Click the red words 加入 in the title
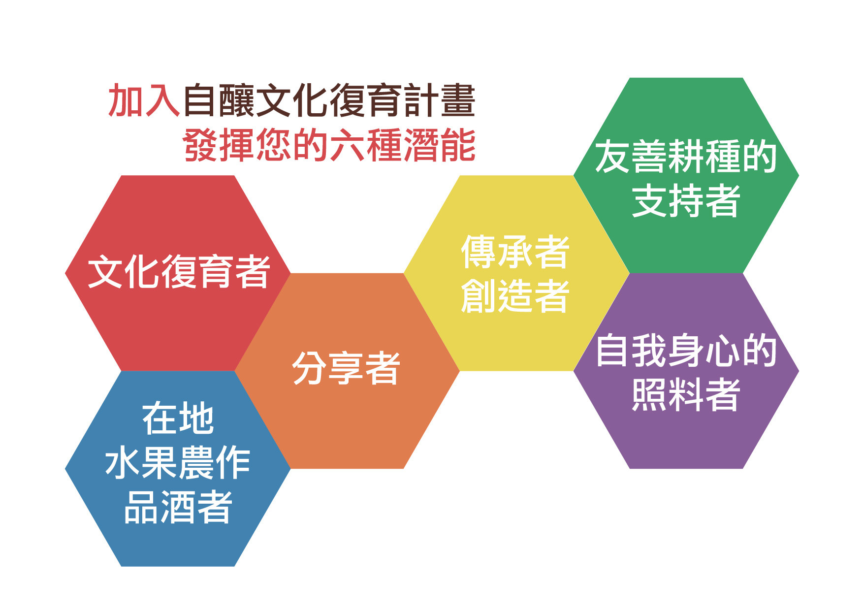pyautogui.click(x=144, y=100)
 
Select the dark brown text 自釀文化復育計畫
pyautogui.click(x=329, y=100)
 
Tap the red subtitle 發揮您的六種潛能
pyautogui.click(x=329, y=145)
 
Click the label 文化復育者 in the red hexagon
pyautogui.click(x=179, y=271)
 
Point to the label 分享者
pyautogui.click(x=346, y=368)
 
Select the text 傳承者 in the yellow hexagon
pyautogui.click(x=515, y=252)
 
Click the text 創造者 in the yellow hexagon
pyautogui.click(x=515, y=295)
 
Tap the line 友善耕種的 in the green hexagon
pyautogui.click(x=686, y=157)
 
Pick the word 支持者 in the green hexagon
pyautogui.click(x=686, y=200)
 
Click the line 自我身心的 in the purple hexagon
pyautogui.click(x=686, y=350)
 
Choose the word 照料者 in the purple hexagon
pyautogui.click(x=686, y=394)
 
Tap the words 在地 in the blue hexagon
pyautogui.click(x=178, y=418)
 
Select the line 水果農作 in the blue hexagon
pyautogui.click(x=178, y=463)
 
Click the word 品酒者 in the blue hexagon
pyautogui.click(x=178, y=507)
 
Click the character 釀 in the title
pyautogui.click(x=237, y=100)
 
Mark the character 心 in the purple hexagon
pyautogui.click(x=722, y=351)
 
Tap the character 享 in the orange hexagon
pyautogui.click(x=346, y=368)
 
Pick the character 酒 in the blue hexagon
pyautogui.click(x=178, y=507)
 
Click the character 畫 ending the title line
pyautogui.click(x=458, y=100)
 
